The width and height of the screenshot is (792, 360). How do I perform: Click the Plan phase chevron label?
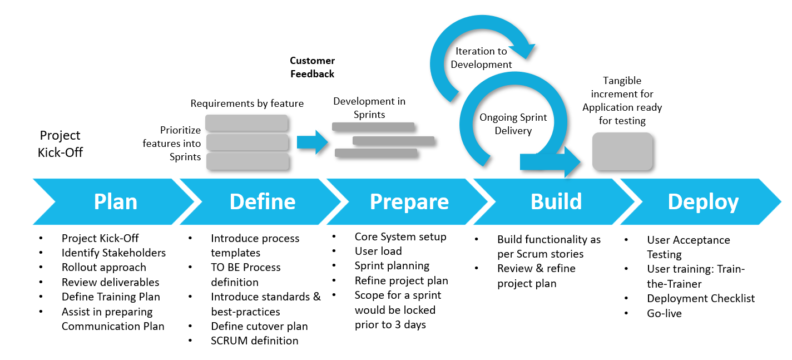click(116, 201)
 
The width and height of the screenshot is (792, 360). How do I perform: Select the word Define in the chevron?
click(263, 201)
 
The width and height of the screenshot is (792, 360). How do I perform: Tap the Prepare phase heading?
click(409, 201)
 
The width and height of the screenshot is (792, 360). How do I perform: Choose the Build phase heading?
click(556, 201)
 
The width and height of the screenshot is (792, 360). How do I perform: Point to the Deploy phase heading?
click(703, 201)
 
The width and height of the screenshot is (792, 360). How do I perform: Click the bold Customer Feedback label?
click(313, 67)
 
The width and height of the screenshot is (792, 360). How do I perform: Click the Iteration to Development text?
click(481, 58)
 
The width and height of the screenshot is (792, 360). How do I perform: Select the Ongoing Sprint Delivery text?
click(513, 124)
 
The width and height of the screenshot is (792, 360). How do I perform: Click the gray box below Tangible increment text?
click(622, 151)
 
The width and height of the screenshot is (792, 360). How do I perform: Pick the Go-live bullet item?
click(664, 313)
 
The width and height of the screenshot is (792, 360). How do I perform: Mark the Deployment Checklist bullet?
click(701, 299)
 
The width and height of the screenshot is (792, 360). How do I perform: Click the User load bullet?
click(378, 251)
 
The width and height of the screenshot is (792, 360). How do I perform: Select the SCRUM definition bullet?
click(255, 341)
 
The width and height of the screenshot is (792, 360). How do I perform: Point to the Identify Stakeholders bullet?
click(113, 253)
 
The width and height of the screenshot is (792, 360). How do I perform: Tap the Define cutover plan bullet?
click(259, 326)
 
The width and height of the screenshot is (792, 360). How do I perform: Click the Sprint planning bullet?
click(392, 265)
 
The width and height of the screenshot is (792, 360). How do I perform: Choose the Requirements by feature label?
click(247, 103)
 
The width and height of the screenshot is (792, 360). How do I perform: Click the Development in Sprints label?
click(369, 108)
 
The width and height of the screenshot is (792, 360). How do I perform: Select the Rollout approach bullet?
click(104, 267)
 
